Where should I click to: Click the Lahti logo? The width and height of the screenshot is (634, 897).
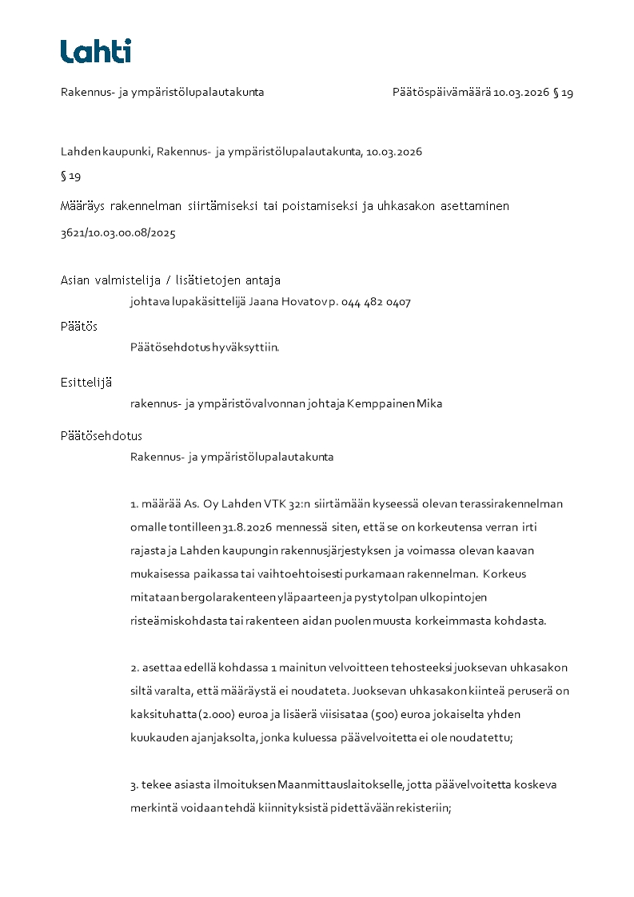[95, 51]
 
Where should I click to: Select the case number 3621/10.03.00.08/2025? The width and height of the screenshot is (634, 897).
[118, 233]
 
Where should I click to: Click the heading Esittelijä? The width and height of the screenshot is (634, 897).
[86, 383]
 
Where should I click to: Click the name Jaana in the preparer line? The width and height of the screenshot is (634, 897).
[265, 302]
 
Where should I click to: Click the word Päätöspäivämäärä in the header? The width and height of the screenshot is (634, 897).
[441, 92]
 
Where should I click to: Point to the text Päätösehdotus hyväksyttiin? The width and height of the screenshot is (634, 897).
[205, 347]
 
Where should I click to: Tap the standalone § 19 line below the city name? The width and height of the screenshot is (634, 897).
[70, 176]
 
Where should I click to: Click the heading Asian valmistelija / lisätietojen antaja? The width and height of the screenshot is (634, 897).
[170, 280]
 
